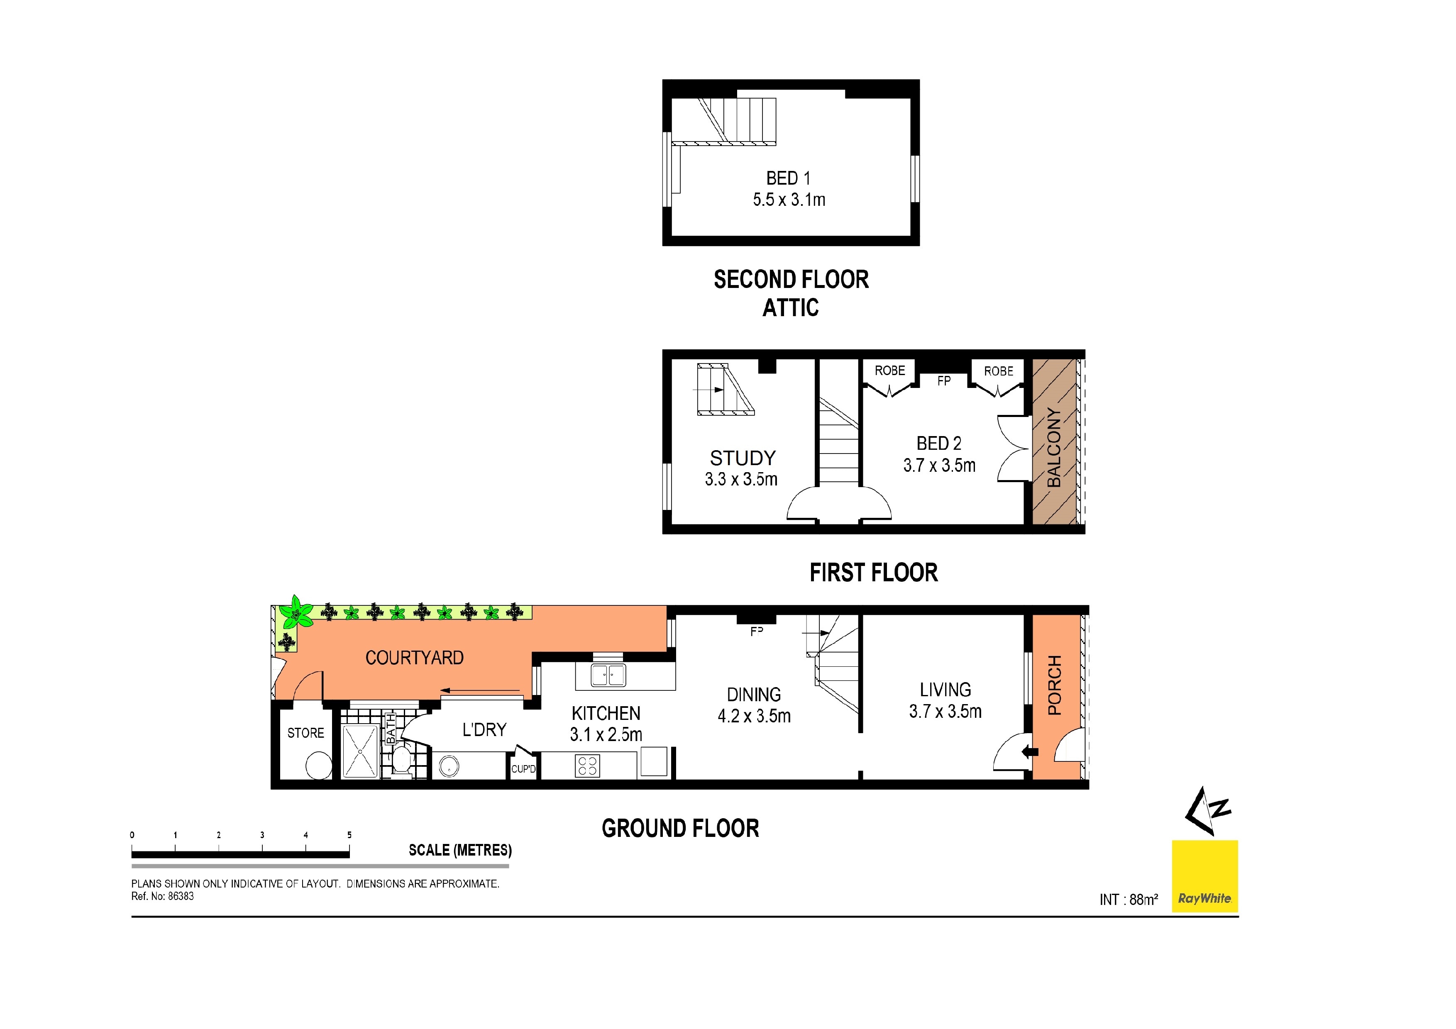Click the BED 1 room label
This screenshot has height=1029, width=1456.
point(788,178)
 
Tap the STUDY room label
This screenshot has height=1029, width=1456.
point(743,458)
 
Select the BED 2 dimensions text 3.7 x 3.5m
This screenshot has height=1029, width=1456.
point(939,466)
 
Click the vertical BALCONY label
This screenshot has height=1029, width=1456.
point(1053,447)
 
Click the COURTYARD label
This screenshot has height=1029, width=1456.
point(414,658)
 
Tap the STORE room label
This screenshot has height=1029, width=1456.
point(305,733)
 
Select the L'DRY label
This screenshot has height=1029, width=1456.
point(484,730)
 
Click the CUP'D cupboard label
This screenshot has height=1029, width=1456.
point(523,769)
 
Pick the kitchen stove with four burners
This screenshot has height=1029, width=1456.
point(587,766)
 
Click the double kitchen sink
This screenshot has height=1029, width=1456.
point(608,675)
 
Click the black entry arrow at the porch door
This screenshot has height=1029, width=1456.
point(1030,753)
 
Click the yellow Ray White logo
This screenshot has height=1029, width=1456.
point(1204,876)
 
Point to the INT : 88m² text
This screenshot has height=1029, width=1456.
point(1128,900)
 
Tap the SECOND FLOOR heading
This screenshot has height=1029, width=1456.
point(791,280)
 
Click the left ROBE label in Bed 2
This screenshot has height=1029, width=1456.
point(890,371)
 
